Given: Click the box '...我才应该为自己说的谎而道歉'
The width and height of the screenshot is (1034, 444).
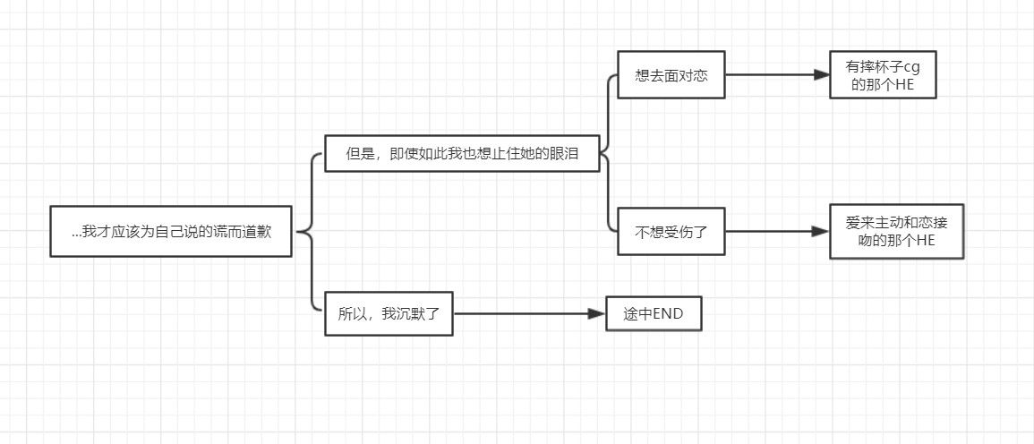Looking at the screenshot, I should (x=171, y=232).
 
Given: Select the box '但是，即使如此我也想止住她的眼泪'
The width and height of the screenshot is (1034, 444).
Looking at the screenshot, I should (x=462, y=153).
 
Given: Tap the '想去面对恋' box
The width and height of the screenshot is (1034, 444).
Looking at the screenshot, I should (x=671, y=75).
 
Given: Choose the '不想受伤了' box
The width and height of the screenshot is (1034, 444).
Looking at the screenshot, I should (x=671, y=232).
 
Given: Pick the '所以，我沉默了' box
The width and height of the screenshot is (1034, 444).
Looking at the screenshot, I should (x=389, y=313).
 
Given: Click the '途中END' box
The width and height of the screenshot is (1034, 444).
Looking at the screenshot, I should (x=654, y=313).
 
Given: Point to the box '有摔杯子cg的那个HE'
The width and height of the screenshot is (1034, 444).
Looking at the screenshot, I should (x=884, y=75).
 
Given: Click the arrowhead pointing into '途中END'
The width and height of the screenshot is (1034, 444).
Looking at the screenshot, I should (x=597, y=313).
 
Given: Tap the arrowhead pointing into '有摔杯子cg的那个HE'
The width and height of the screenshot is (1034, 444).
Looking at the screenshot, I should (x=822, y=75).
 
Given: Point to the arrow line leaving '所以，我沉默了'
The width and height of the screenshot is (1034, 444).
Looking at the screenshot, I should (x=519, y=313).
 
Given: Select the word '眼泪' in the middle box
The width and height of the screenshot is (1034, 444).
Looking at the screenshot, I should (x=565, y=154).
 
